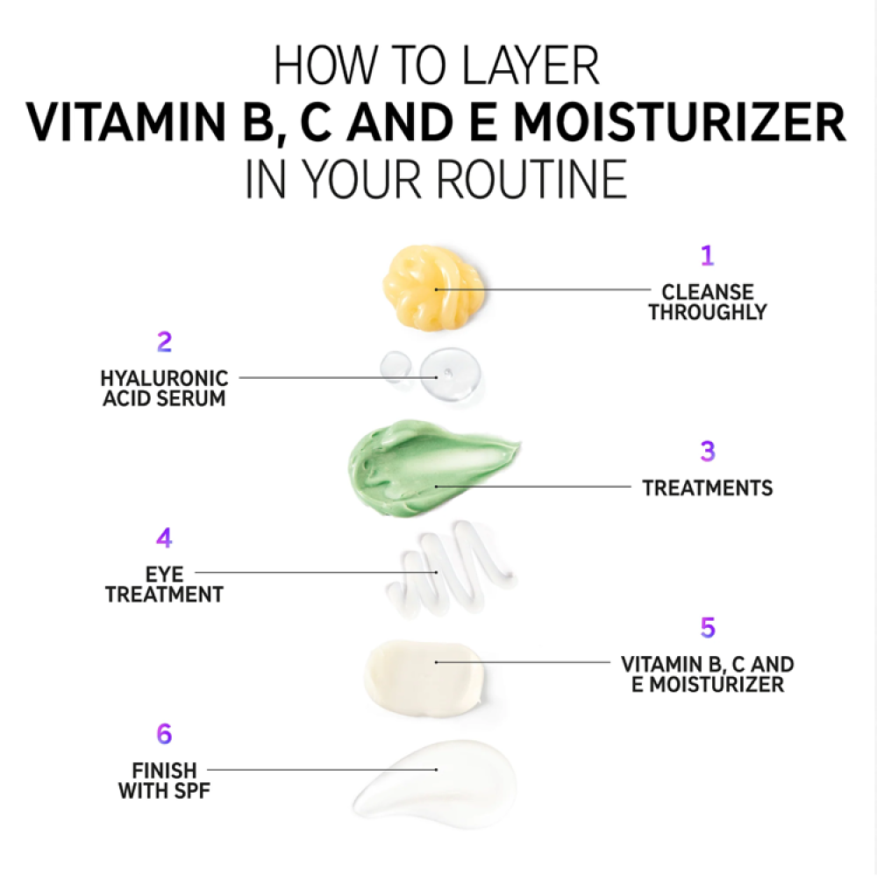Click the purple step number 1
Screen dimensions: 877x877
(x=708, y=255)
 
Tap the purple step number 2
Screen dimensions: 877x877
(x=165, y=342)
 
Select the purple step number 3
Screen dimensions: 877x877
(x=708, y=451)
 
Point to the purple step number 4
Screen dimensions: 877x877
(x=164, y=538)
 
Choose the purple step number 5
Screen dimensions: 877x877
(x=708, y=628)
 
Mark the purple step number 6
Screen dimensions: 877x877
(x=165, y=734)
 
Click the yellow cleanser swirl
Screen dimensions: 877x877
(x=433, y=287)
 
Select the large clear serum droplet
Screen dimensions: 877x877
(x=450, y=374)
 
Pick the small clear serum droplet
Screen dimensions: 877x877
(x=396, y=367)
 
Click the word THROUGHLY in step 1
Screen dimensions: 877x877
(x=708, y=312)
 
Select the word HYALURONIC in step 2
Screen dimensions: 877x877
(x=165, y=379)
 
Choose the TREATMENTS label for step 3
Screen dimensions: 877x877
(x=708, y=488)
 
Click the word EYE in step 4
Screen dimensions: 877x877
(x=165, y=574)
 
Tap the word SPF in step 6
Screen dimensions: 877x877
(x=193, y=791)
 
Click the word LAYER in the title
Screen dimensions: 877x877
(x=531, y=66)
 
